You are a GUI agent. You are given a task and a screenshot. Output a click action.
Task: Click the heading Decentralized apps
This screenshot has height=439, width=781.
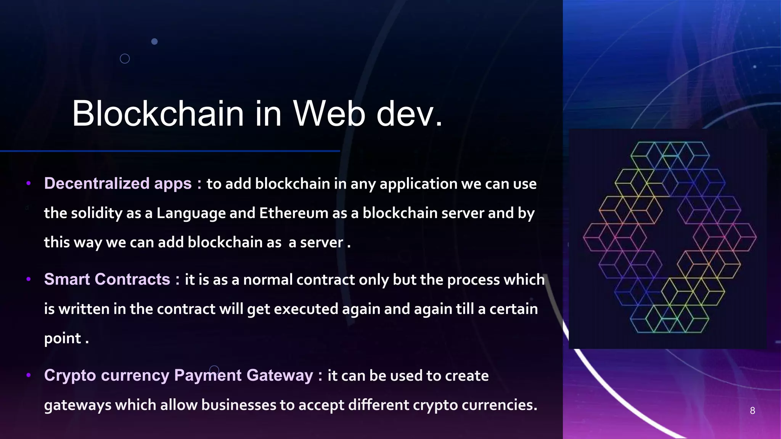coord(118,183)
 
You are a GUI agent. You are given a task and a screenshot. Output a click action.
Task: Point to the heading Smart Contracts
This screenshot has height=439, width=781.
coord(107,279)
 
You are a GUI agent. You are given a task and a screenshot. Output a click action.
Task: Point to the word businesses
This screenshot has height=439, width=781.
coord(238,405)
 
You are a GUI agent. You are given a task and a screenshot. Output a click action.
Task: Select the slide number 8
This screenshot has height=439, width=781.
coord(752,410)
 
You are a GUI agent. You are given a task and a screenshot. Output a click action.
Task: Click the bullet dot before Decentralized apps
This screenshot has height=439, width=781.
coord(28,184)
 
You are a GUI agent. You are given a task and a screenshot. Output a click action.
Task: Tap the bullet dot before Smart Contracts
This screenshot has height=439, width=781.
coord(28,280)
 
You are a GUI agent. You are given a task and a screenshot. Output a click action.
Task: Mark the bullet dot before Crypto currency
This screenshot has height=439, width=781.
coord(28,376)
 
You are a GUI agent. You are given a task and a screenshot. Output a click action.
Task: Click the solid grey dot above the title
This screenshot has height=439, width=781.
coord(154,42)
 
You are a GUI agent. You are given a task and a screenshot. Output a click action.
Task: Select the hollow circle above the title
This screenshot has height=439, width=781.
coord(125,59)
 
